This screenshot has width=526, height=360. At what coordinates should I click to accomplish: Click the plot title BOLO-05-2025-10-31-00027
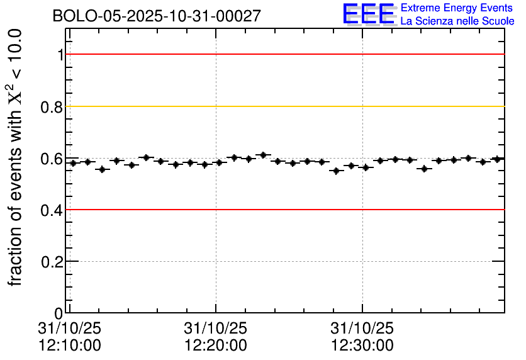point(157,16)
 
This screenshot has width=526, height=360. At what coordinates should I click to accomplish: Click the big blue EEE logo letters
point(369,14)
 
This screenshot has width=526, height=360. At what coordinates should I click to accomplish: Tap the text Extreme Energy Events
point(457,8)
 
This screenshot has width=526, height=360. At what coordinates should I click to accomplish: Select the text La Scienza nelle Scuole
point(457,21)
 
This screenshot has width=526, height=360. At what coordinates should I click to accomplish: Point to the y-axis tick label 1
point(60,55)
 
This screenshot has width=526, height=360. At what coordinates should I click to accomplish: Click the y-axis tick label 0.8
point(52,107)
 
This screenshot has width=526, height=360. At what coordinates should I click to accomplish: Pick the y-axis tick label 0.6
point(52,159)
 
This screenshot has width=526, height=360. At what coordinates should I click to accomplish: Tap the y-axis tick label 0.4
point(52,210)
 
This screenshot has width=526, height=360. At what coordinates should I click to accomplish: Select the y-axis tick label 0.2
point(52,262)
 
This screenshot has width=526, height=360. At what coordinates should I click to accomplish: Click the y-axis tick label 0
point(59,313)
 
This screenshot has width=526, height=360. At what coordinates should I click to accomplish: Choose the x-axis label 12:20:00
point(215,346)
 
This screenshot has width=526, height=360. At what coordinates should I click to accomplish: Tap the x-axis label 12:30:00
point(362,346)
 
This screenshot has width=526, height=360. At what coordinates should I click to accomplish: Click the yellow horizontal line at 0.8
point(283,106)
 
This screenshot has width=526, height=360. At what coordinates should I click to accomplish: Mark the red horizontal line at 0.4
point(283,210)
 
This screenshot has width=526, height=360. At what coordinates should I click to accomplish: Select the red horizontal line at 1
point(283,54)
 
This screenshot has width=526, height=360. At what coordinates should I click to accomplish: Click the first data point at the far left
point(74,163)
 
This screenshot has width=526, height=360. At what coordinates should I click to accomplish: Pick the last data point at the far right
point(497,159)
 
